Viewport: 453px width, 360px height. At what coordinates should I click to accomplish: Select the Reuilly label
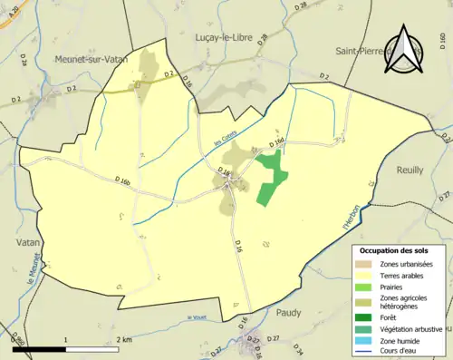(x=409, y=170)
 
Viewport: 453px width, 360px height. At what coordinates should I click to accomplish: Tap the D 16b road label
(x=123, y=182)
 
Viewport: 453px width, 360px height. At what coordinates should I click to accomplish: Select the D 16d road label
(x=277, y=144)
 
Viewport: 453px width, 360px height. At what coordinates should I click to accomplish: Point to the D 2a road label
(x=23, y=62)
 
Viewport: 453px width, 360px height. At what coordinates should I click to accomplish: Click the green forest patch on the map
(x=268, y=177)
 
